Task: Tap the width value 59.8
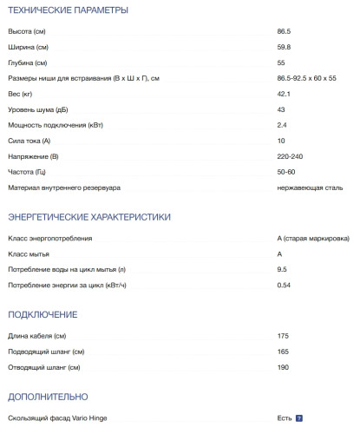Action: tap(284, 48)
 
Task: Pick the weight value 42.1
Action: tap(284, 95)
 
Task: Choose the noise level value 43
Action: tap(281, 110)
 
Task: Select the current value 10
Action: tap(281, 141)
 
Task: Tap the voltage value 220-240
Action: tap(289, 157)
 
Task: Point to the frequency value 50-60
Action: tap(285, 173)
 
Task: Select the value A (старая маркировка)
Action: tap(312, 238)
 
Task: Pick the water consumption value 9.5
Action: tap(282, 269)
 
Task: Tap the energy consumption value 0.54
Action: tap(284, 285)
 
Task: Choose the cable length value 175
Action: tap(283, 336)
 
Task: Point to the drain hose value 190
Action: tap(283, 367)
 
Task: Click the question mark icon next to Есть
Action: tap(299, 418)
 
